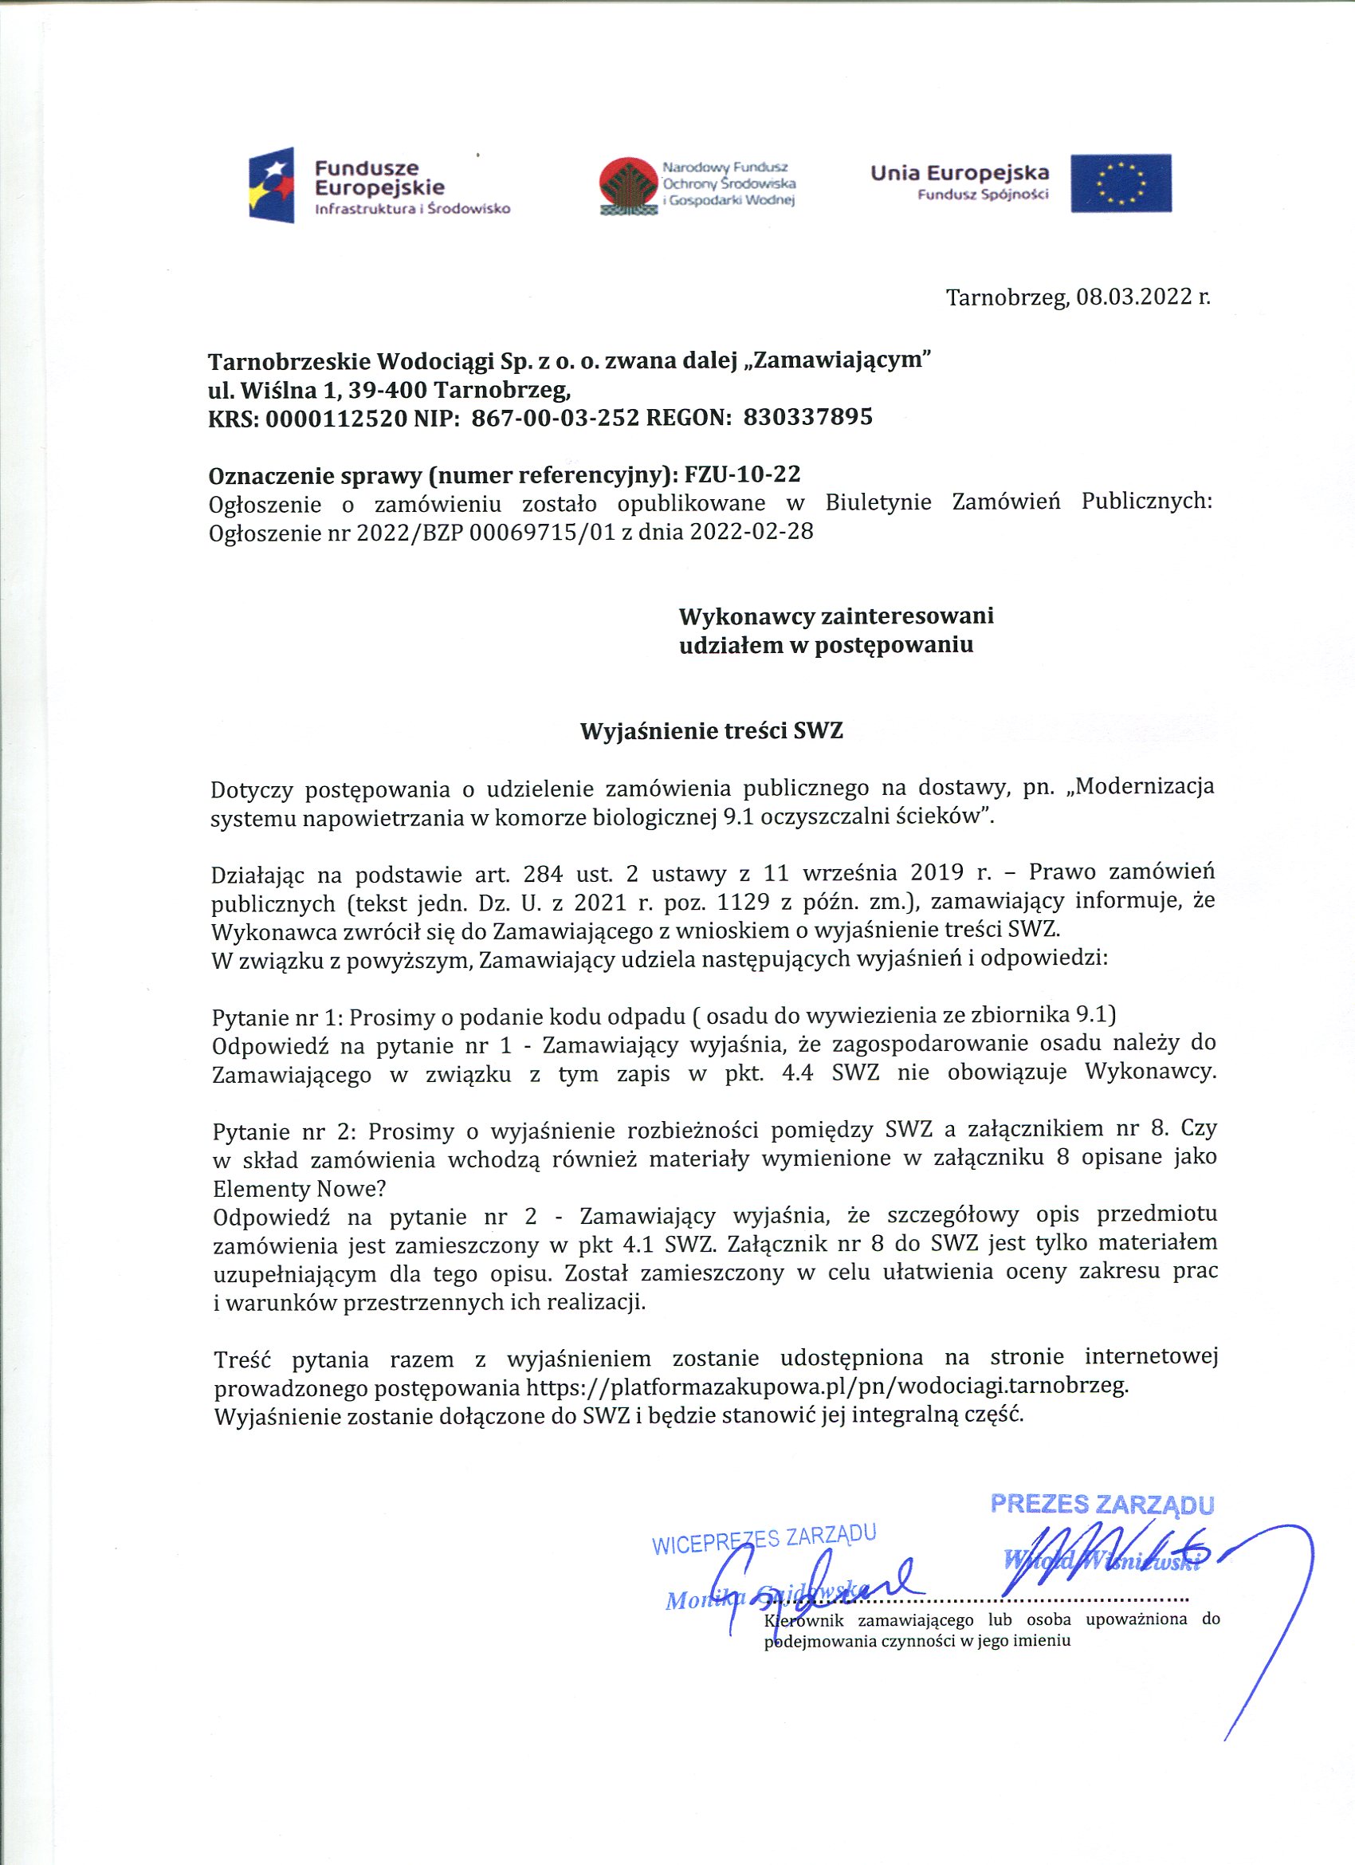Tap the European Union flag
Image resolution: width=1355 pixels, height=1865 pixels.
pyautogui.click(x=1120, y=183)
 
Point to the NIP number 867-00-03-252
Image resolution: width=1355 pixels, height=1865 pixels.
pyautogui.click(x=555, y=419)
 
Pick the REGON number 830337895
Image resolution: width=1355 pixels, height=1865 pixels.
pyautogui.click(x=807, y=418)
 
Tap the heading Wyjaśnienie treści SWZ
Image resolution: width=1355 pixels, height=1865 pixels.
pyautogui.click(x=711, y=731)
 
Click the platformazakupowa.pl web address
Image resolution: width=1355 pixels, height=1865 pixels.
pyautogui.click(x=827, y=1387)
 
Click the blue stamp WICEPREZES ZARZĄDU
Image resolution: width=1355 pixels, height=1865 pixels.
pyautogui.click(x=764, y=1540)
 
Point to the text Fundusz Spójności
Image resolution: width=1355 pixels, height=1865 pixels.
pyautogui.click(x=983, y=195)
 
